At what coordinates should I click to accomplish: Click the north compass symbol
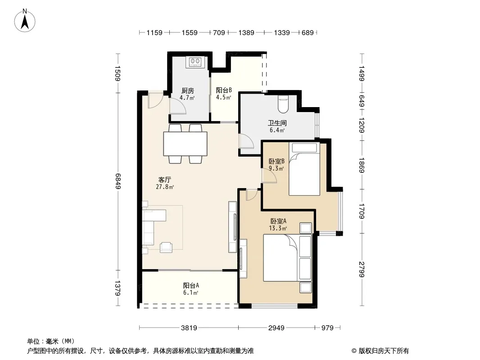[25, 21]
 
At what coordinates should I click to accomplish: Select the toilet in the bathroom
[282, 104]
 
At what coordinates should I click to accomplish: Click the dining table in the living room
[185, 144]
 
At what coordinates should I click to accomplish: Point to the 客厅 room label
[165, 180]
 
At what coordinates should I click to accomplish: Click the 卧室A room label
[278, 221]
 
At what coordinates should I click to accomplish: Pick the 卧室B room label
[276, 161]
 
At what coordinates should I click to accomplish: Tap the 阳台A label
[191, 285]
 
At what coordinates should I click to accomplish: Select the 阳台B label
[224, 90]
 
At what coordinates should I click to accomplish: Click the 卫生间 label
[277, 123]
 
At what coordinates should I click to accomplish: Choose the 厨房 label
[187, 91]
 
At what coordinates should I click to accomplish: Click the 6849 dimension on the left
[118, 181]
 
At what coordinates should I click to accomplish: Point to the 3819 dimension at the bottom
[189, 328]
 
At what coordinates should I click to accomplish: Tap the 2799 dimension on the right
[362, 270]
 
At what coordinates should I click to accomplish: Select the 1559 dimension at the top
[190, 32]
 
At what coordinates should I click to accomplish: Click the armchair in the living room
[166, 247]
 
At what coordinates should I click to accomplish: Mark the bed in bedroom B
[304, 169]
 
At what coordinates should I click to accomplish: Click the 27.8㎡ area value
[165, 187]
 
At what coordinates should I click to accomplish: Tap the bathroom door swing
[246, 141]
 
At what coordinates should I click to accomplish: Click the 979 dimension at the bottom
[327, 328]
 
